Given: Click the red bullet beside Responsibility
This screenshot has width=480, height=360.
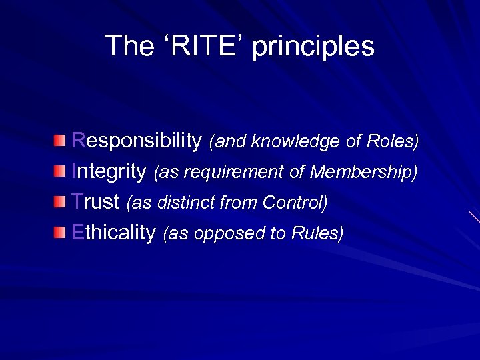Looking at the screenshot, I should click(x=61, y=141).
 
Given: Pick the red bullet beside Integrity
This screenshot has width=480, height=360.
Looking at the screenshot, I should click(x=61, y=171).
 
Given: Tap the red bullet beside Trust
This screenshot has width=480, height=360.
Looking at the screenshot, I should click(x=61, y=201).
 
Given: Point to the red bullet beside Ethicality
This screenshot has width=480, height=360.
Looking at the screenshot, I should click(x=61, y=232).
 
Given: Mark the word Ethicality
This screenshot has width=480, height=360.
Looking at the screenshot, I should click(x=113, y=233).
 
